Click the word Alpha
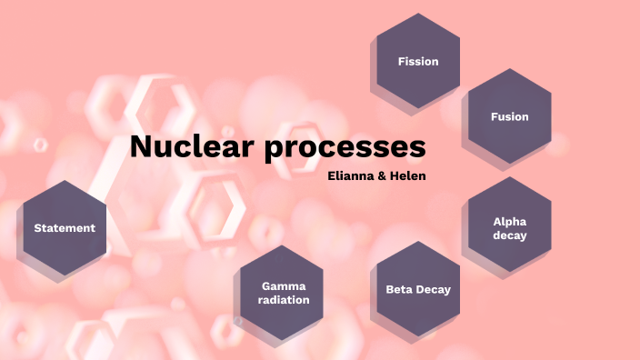tap(510, 221)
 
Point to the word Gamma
tap(285, 285)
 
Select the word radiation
tap(285, 299)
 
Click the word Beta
tap(400, 290)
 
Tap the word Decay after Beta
tap(433, 290)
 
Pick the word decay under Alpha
tap(510, 235)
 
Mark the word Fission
tap(418, 62)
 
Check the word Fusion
tap(509, 116)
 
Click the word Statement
tap(65, 228)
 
